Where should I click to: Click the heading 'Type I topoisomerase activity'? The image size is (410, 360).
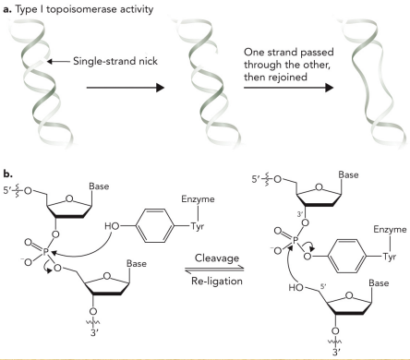pyautogui.click(x=75, y=8)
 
